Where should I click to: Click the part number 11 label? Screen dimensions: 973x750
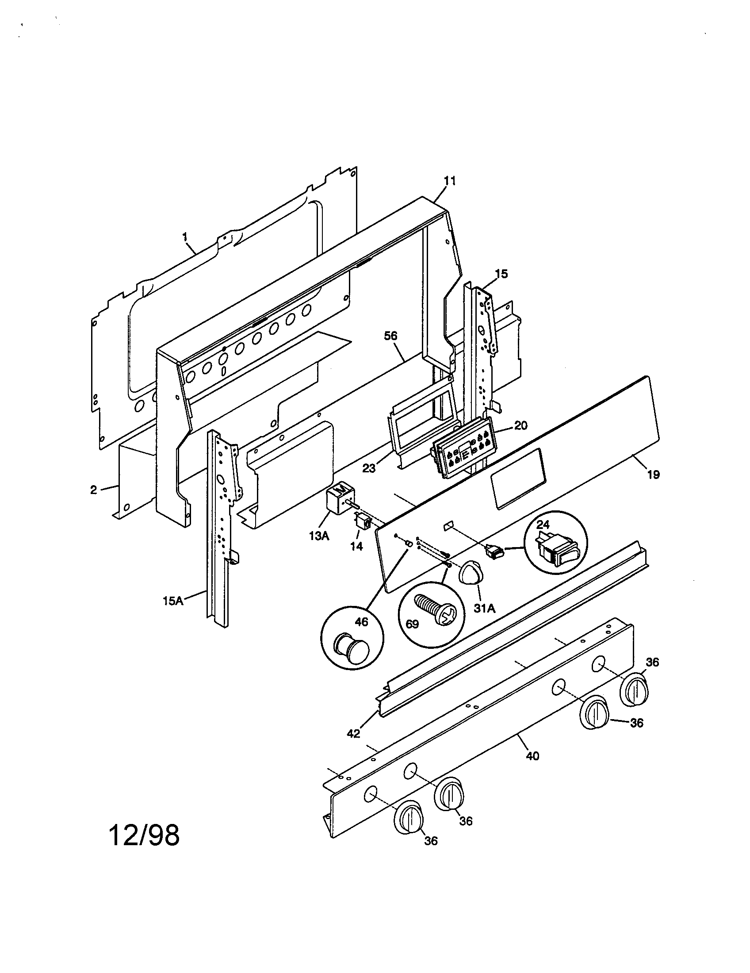(x=450, y=181)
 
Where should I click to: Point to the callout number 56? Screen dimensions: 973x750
(x=390, y=337)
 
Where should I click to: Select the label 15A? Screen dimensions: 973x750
(x=173, y=601)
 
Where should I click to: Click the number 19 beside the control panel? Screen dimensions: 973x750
(x=653, y=475)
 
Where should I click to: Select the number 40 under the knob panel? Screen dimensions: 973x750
(x=532, y=756)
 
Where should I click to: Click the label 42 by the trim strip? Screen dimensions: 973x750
(x=353, y=733)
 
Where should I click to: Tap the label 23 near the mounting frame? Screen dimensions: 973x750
(x=369, y=468)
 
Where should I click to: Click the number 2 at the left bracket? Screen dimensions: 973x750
(x=93, y=490)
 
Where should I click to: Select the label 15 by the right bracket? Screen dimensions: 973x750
(x=501, y=273)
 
